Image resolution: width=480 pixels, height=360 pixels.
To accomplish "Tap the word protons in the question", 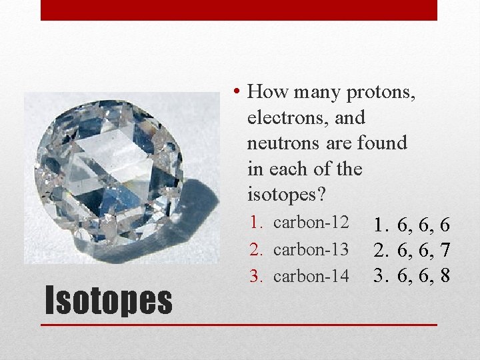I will (x=381, y=92).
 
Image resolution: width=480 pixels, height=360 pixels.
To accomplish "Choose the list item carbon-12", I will (x=311, y=223).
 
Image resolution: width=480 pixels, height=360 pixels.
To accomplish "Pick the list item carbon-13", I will (x=311, y=249).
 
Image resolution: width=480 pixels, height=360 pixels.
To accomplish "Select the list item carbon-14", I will (x=311, y=275).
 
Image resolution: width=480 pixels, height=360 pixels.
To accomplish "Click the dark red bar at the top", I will (x=239, y=10).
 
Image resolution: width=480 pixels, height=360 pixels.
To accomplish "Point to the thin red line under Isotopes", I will (x=239, y=325).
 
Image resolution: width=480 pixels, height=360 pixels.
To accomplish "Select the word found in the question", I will (x=382, y=143).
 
